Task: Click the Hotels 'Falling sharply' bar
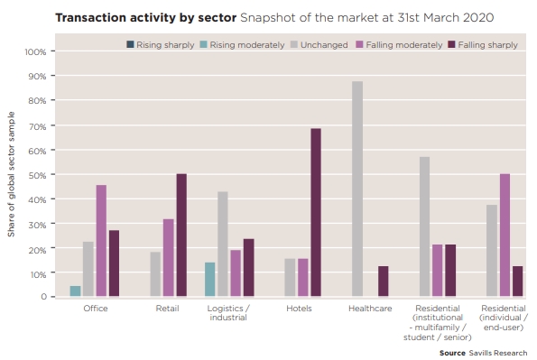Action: (x=316, y=212)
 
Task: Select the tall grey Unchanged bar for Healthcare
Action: (x=357, y=189)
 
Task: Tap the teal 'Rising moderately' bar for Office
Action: (x=75, y=291)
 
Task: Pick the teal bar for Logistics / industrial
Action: (x=209, y=279)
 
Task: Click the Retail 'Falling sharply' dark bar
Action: (x=181, y=235)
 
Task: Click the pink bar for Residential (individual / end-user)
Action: (x=505, y=235)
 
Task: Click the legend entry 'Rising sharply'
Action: (x=160, y=44)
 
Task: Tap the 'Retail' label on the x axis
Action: (x=168, y=309)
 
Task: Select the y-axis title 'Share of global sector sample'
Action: (x=12, y=175)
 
